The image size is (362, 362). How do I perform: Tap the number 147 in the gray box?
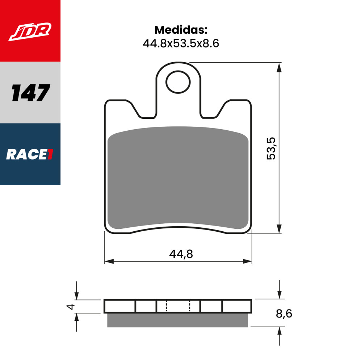coord(30,93)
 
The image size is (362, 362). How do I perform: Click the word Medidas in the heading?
coord(181,29)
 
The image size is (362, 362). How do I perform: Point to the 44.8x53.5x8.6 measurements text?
coord(181,43)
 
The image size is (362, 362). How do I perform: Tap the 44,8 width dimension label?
coord(181,254)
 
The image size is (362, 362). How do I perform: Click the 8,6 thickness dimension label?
coord(284,313)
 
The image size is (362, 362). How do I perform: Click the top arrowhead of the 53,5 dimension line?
coord(279,68)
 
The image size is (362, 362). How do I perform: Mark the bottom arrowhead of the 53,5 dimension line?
coord(279,229)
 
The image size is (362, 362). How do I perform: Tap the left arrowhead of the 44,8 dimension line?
coord(109,261)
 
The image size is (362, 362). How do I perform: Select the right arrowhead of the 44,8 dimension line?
coord(248,261)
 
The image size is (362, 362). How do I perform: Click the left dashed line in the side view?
coord(166,306)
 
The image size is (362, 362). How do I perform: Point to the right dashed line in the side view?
coord(189,306)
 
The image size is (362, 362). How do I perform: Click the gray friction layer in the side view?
coord(177,320)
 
